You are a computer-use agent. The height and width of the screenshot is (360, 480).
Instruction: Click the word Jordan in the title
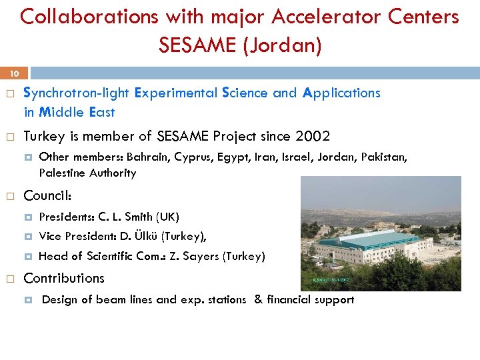click(288, 45)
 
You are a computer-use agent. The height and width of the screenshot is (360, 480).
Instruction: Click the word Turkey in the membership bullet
click(44, 137)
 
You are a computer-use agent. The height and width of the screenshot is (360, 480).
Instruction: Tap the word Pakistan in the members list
click(383, 157)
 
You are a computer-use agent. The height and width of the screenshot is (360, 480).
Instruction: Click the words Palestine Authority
click(87, 173)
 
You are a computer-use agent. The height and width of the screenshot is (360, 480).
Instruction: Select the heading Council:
click(47, 196)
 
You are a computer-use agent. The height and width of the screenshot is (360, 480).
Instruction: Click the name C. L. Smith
click(125, 217)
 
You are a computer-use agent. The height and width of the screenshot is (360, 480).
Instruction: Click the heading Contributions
click(64, 278)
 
